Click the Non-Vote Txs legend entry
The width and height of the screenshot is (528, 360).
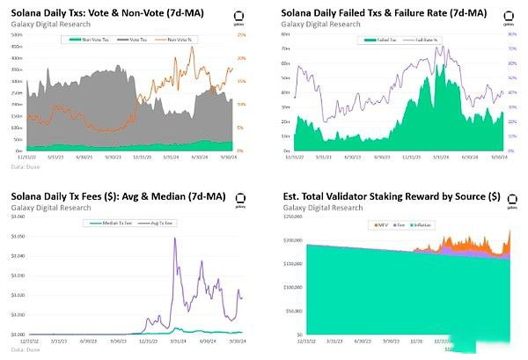(95, 40)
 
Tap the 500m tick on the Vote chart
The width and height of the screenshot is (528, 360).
(16, 34)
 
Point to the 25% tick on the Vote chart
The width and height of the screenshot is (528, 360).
(242, 34)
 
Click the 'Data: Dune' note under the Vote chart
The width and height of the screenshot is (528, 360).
(25, 165)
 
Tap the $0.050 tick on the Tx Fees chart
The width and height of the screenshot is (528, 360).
(18, 238)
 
